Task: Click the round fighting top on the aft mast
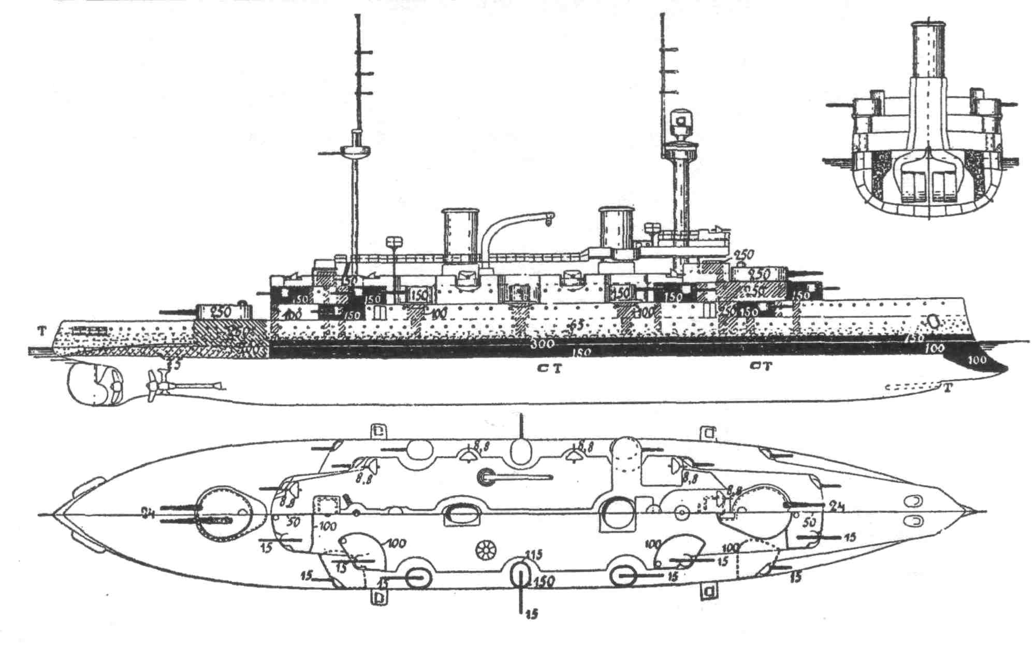click(x=354, y=151)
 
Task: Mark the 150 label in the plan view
click(x=544, y=582)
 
